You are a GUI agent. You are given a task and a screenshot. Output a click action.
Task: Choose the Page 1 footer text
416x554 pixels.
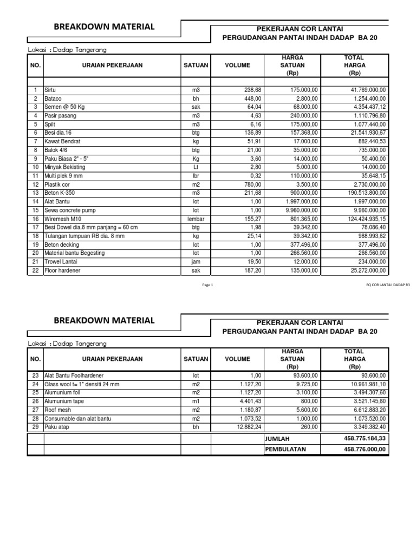208,285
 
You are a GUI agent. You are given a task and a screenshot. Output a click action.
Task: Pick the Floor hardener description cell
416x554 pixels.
62,271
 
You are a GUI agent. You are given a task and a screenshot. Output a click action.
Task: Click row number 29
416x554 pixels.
35,427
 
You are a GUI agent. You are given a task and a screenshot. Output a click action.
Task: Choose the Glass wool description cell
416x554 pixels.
81,384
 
